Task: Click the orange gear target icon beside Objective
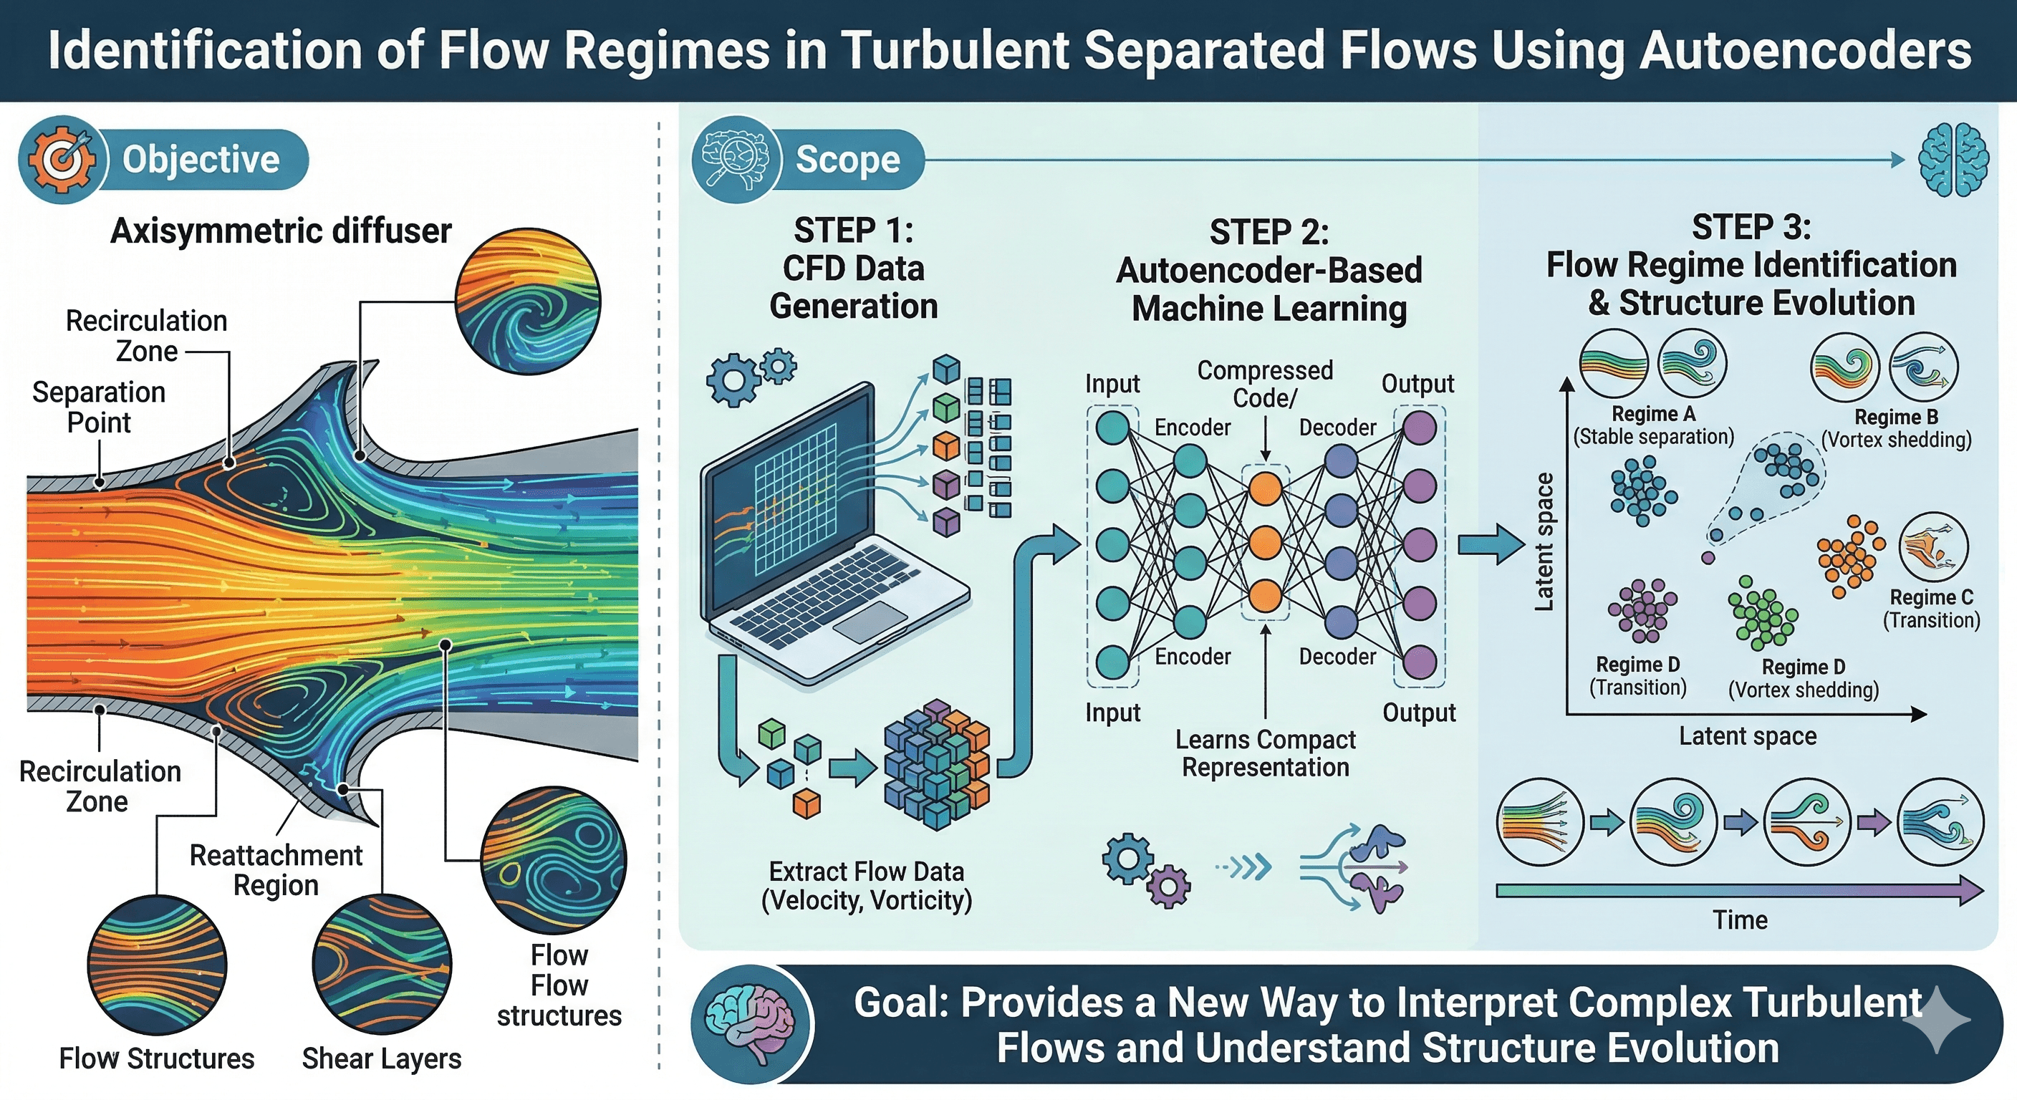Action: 62,159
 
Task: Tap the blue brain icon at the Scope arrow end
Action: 1953,160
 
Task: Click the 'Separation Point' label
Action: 99,407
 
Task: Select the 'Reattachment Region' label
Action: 276,870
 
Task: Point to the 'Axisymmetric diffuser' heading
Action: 280,231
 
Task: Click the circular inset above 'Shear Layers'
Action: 382,965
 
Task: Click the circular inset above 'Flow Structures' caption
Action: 157,965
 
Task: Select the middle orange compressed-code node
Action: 1264,543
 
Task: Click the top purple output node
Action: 1419,428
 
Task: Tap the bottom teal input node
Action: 1112,662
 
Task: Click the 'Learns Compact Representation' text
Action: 1266,753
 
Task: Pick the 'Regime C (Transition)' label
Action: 1931,608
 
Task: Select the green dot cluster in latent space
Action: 1763,613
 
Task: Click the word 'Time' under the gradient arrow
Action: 1740,920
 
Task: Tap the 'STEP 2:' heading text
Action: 1269,233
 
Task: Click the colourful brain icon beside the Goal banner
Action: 750,1023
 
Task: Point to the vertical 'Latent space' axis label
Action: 1544,542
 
